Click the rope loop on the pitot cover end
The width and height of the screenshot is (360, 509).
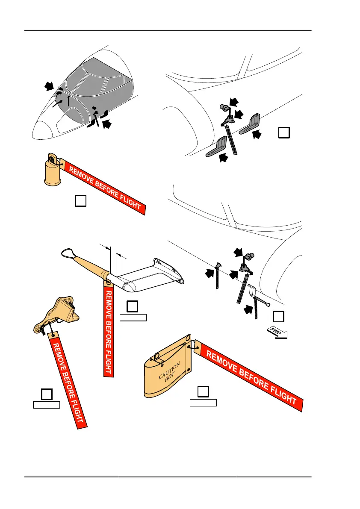coord(69,253)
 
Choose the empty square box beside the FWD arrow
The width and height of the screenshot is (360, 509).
coord(278,316)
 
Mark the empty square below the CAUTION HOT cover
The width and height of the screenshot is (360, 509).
coord(204,391)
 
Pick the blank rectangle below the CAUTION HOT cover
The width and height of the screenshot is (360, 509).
coord(204,402)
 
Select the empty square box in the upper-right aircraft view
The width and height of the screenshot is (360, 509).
coord(284,132)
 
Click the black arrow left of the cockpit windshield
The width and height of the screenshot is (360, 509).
coord(49,87)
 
